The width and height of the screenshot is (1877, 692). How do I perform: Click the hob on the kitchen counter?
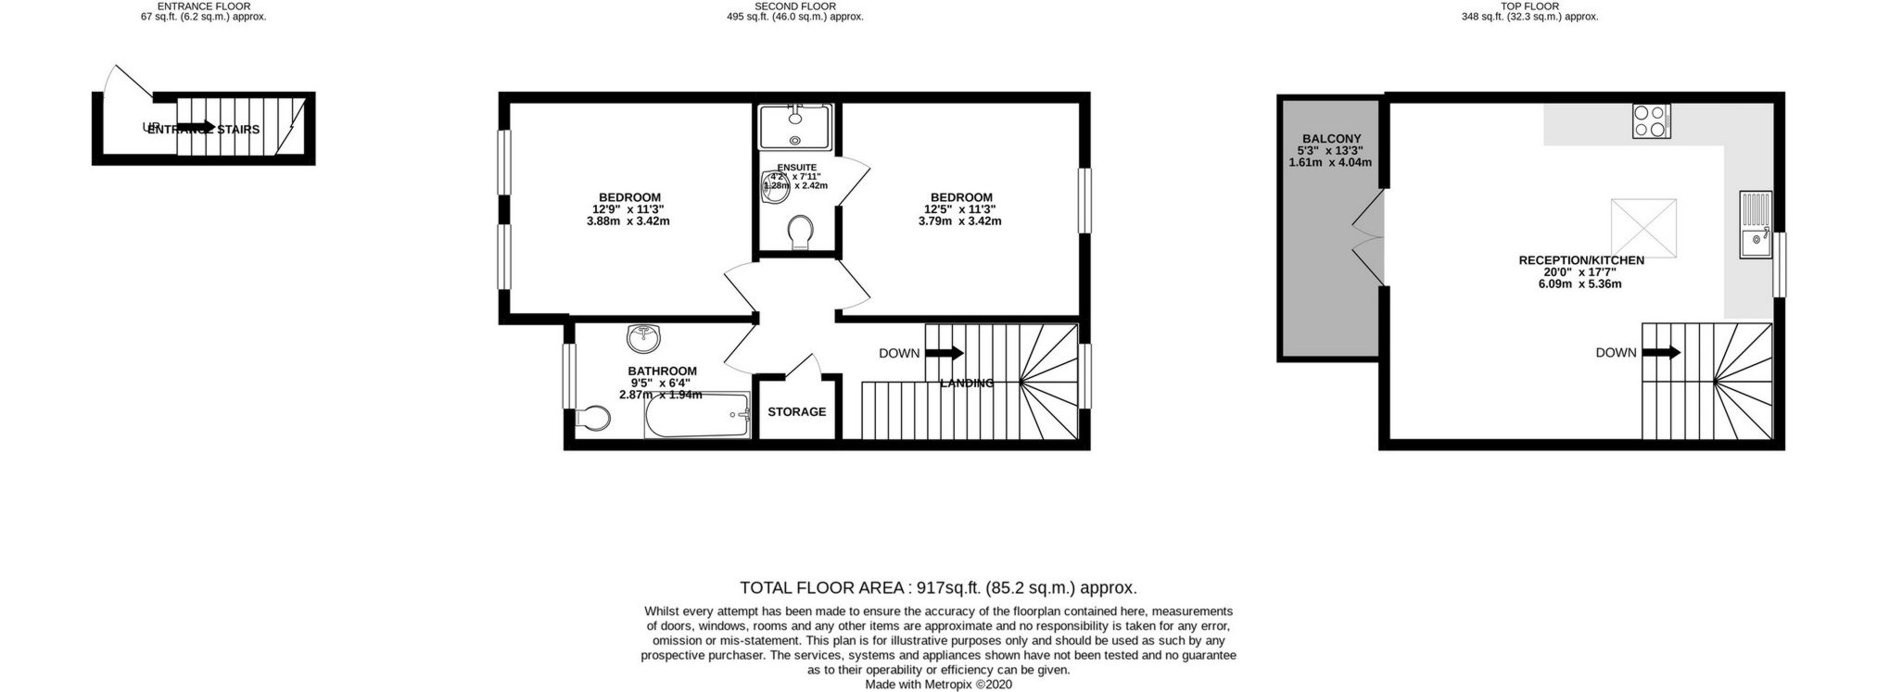[x=1651, y=121]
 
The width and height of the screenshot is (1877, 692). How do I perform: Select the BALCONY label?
[x=1330, y=138]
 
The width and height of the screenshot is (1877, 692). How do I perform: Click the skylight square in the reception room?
[x=1643, y=227]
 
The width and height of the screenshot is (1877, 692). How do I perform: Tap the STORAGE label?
[x=796, y=411]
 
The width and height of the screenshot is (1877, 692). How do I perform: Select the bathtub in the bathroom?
[x=697, y=415]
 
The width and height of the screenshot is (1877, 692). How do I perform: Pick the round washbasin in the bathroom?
[x=643, y=339]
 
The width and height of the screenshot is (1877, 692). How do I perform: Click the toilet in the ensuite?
[x=798, y=233]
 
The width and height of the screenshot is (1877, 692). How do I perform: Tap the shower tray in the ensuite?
[x=794, y=126]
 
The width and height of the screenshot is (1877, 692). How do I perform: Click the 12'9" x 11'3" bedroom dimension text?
[x=628, y=209]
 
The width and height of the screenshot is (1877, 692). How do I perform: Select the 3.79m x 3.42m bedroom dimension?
[x=959, y=221]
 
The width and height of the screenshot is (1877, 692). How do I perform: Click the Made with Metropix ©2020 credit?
[x=938, y=685]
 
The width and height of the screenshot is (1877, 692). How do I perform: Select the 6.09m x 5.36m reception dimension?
[x=1579, y=284]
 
